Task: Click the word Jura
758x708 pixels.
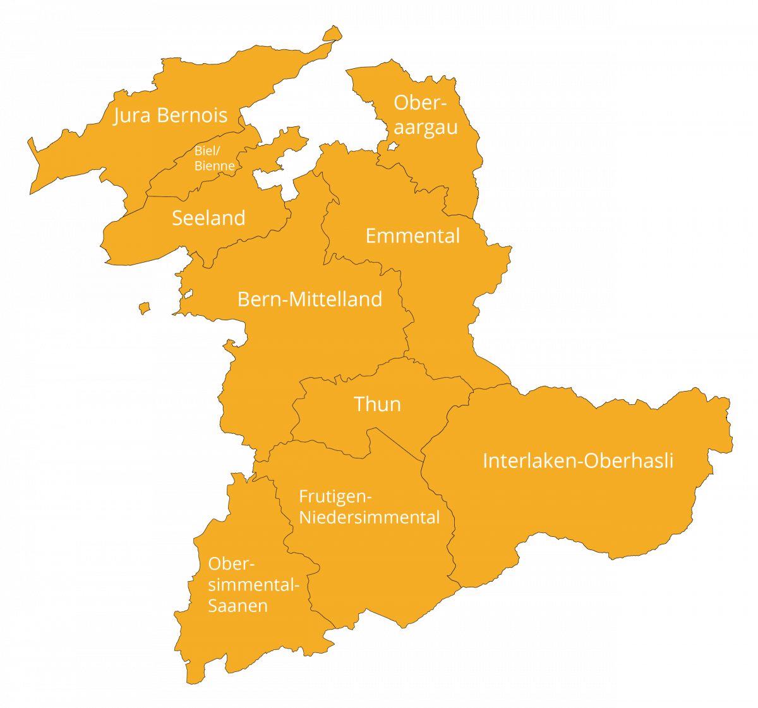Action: click(132, 116)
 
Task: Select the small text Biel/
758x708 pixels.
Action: click(207, 152)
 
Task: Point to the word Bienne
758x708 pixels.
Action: click(215, 166)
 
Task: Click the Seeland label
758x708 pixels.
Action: click(208, 218)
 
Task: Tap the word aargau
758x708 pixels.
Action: click(426, 128)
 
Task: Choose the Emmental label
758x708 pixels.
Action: click(412, 236)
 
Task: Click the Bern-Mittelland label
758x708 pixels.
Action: click(310, 299)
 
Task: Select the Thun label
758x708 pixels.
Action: click(377, 404)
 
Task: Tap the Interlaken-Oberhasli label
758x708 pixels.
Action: click(577, 461)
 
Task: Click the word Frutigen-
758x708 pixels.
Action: click(335, 497)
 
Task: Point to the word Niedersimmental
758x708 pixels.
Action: click(370, 518)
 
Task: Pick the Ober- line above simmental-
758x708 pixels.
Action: click(231, 563)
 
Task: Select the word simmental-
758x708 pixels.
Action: click(253, 585)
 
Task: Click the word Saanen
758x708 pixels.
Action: click(238, 606)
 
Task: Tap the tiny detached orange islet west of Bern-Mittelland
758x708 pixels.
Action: click(144, 308)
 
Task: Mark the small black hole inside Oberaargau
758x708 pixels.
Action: click(392, 147)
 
